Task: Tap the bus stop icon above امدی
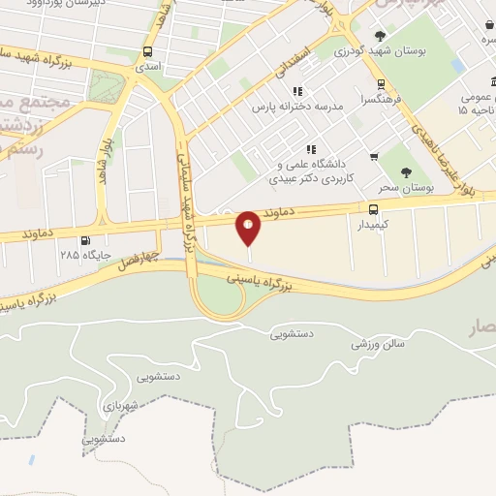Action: click(147, 51)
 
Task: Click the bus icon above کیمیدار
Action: click(374, 208)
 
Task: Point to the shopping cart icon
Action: click(374, 156)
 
